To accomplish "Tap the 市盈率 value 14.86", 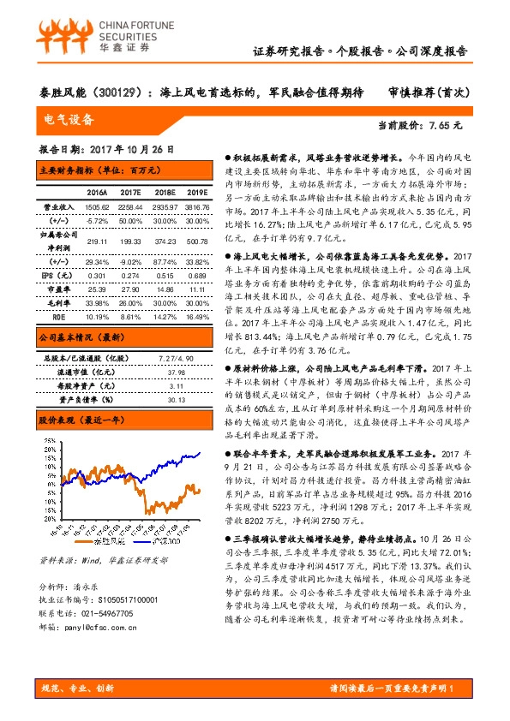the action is (x=163, y=289).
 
